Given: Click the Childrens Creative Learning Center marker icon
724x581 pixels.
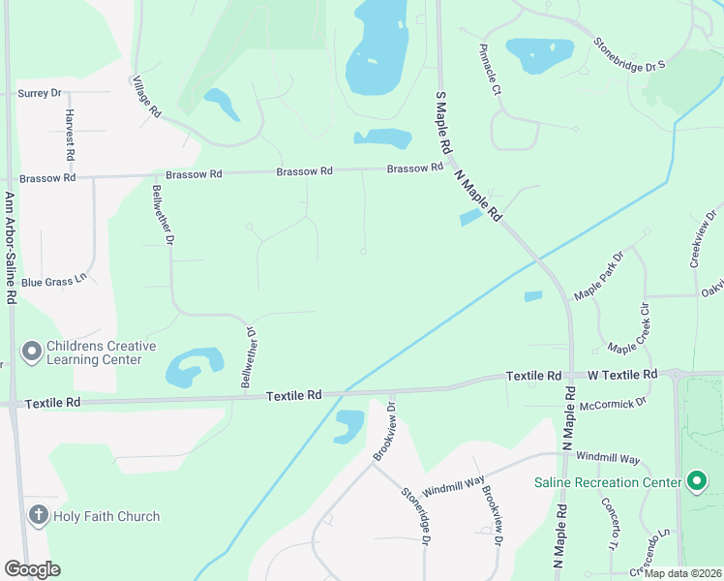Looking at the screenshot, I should point(31,351).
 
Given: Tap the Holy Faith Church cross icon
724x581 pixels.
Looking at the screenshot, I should point(38,515).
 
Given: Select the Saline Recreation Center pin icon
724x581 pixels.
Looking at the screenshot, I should point(695,481).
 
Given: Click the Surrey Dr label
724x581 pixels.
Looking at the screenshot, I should point(40,93).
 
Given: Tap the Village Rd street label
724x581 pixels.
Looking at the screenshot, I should point(147,97).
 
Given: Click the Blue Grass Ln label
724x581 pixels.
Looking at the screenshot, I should point(54,282).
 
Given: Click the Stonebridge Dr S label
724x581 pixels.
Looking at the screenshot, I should point(630,53).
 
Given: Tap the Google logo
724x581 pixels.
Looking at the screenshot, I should point(33,569).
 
